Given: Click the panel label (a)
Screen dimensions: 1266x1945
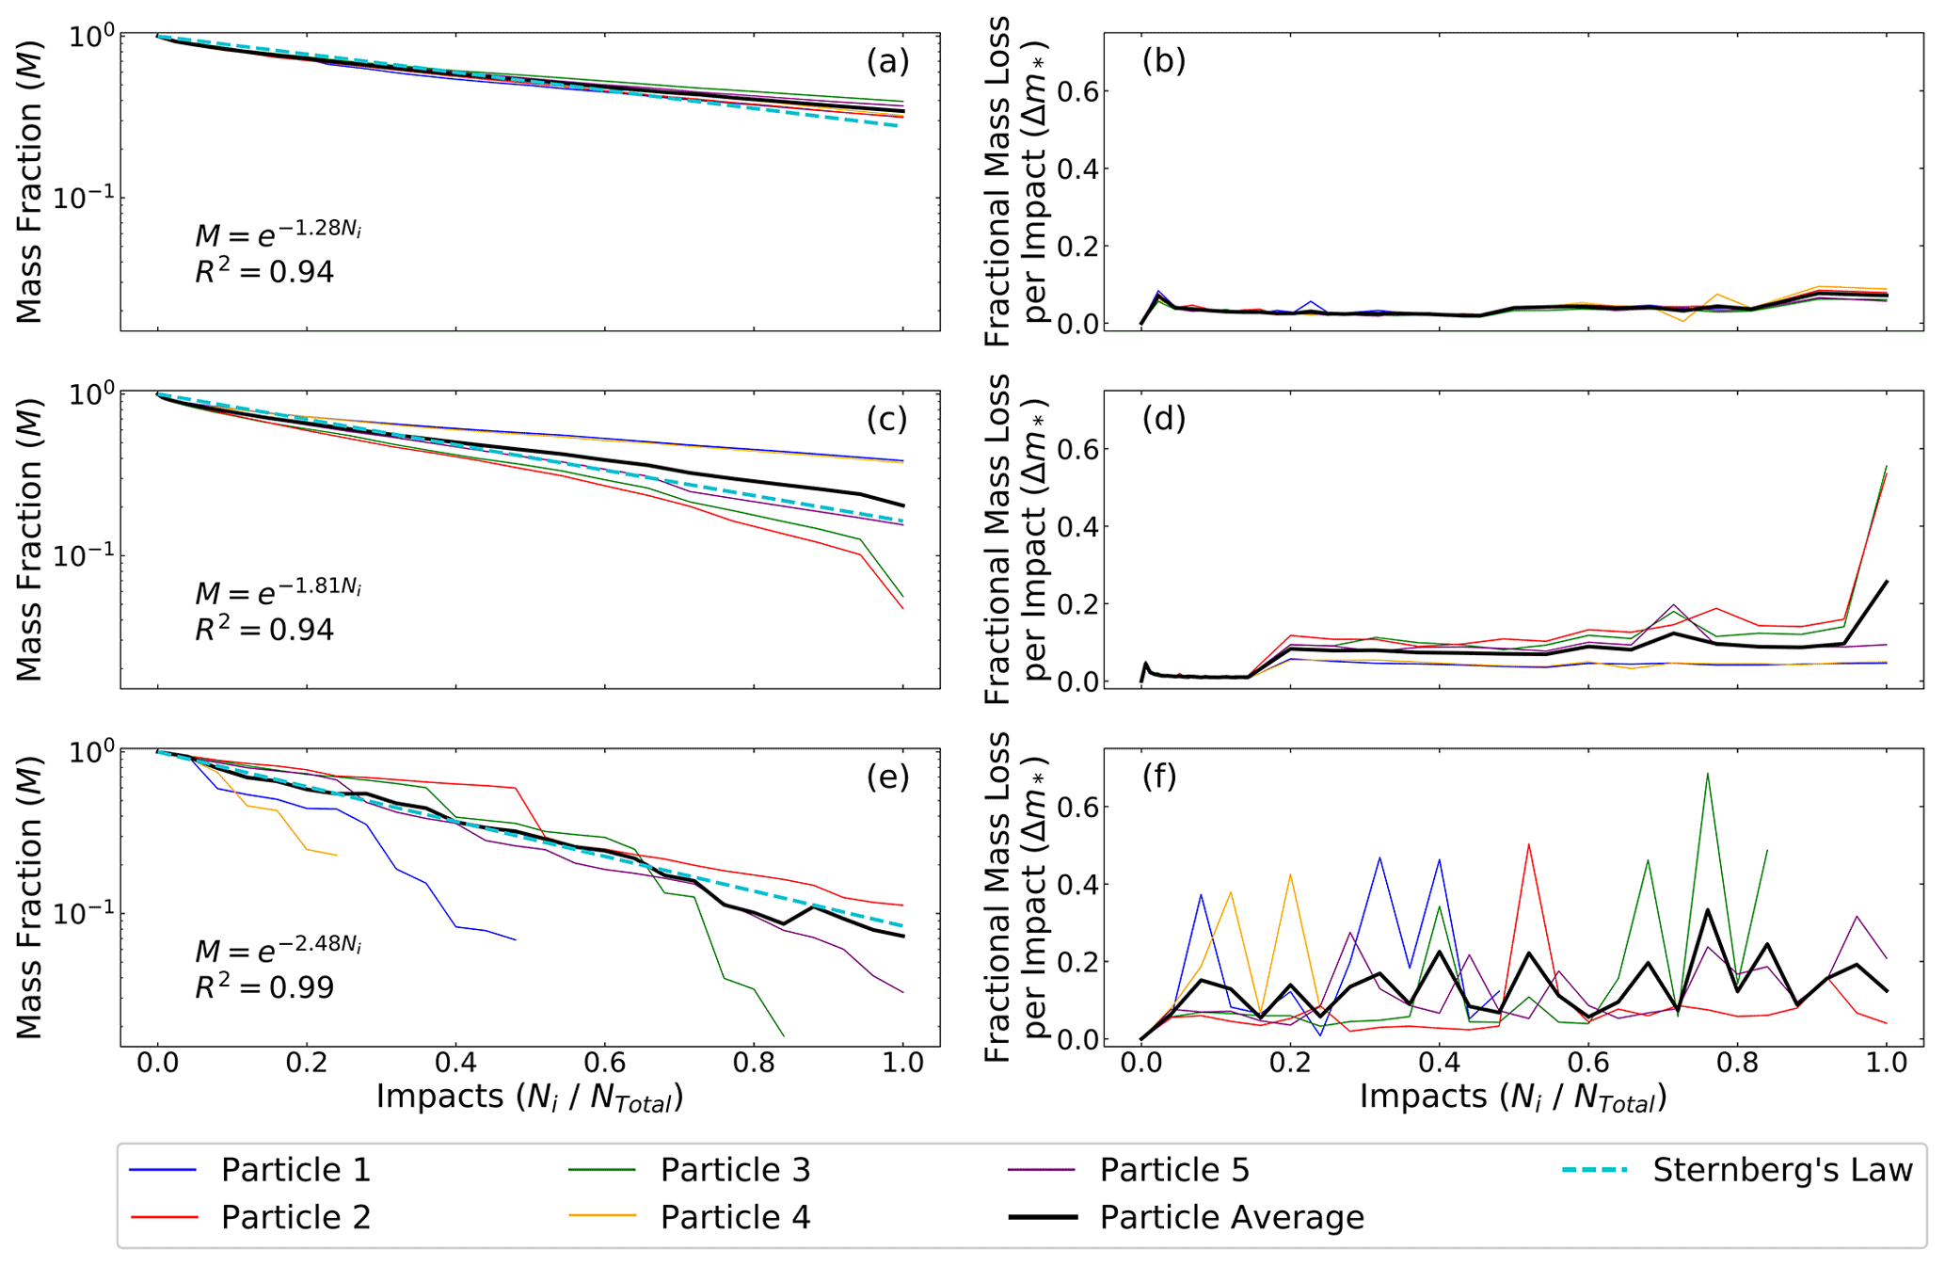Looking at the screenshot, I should pos(887,61).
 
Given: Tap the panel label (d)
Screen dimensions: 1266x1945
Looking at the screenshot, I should pos(1163,419).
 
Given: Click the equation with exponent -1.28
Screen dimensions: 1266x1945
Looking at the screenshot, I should pos(278,232).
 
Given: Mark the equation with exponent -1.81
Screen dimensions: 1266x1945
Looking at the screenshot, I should pos(278,590).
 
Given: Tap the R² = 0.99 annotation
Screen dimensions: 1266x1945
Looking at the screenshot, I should pos(264,987).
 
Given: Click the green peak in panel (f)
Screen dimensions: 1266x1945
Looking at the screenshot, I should pos(1707,774).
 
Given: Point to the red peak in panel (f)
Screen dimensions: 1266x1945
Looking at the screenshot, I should pos(1528,844).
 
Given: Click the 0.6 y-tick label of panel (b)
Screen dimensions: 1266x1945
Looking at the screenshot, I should pos(1078,91).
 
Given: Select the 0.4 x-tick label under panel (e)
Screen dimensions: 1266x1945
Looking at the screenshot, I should pos(455,1063).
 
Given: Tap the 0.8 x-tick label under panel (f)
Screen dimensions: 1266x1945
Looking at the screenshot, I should pos(1737,1063).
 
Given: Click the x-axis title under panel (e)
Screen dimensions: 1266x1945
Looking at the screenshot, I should pos(530,1098).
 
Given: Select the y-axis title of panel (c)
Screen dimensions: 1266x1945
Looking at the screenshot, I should pos(30,539).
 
